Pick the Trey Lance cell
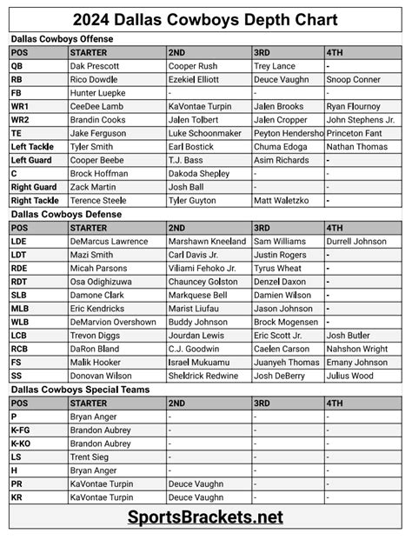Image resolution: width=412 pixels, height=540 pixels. click(276, 65)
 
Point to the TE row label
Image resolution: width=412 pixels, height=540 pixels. click(17, 133)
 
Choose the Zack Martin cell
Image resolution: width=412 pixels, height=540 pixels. click(92, 187)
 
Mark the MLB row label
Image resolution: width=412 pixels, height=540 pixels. click(20, 308)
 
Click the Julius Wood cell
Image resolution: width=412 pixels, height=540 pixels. click(349, 376)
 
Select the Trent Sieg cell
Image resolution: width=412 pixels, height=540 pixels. click(90, 457)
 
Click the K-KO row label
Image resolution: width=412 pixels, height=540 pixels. click(22, 443)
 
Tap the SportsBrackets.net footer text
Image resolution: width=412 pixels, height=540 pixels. click(206, 517)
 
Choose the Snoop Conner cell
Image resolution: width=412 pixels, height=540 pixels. click(355, 78)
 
